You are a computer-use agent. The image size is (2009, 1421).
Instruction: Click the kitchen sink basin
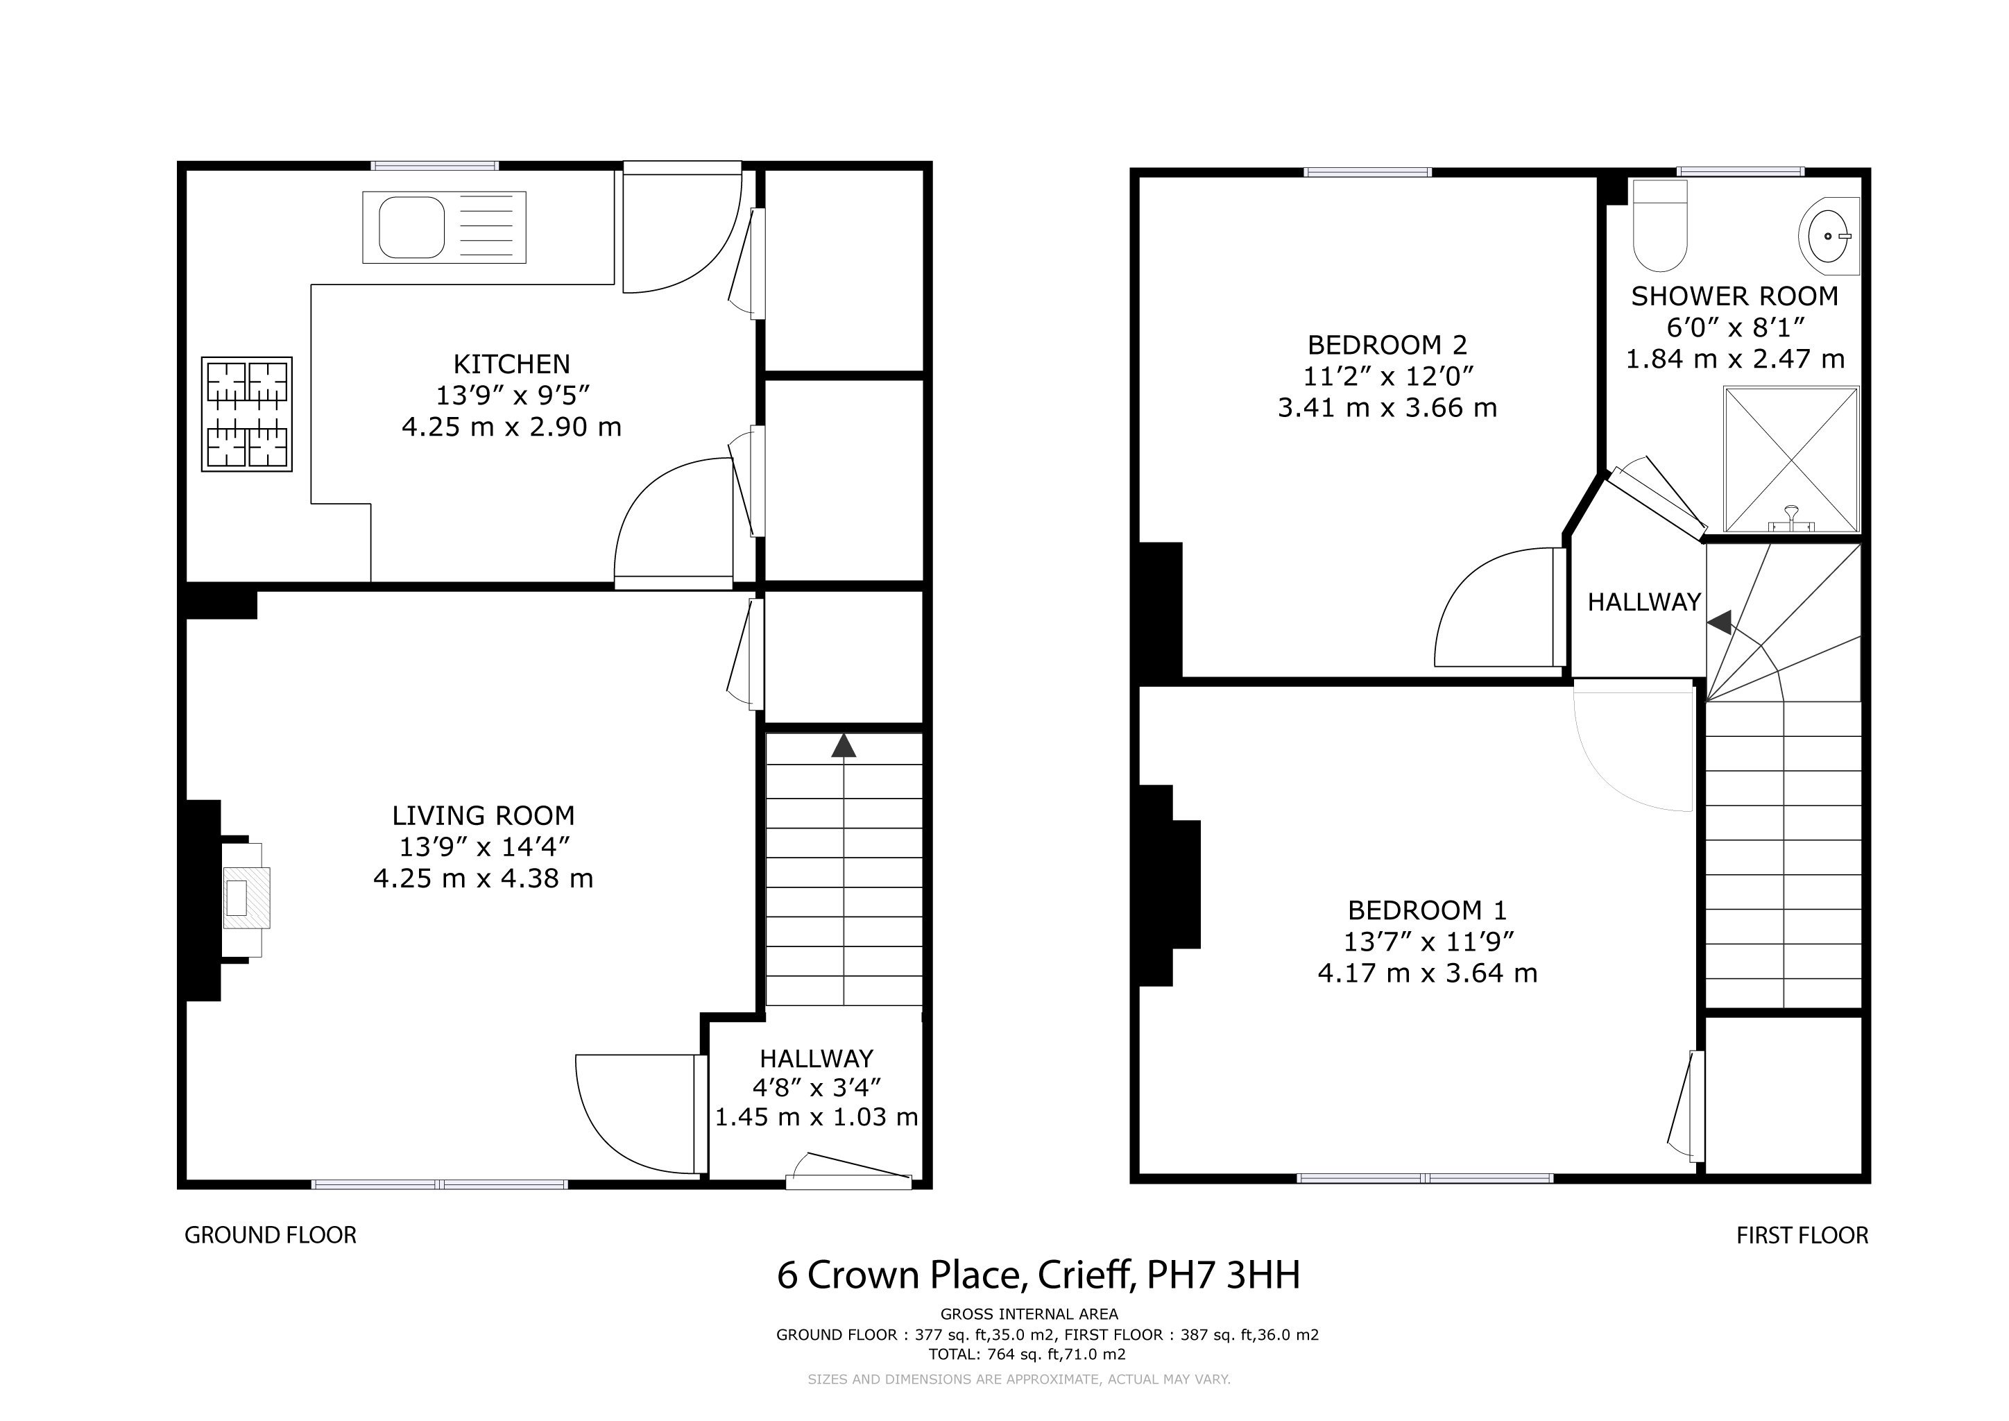(411, 228)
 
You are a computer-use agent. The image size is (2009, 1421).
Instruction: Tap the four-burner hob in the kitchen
(247, 414)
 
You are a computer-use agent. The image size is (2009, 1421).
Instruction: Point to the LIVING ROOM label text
(483, 815)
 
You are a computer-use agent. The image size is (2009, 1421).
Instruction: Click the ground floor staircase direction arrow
(844, 745)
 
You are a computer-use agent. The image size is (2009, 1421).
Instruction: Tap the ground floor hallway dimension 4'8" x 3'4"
(817, 1088)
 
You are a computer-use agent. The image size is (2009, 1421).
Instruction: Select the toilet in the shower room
(1660, 226)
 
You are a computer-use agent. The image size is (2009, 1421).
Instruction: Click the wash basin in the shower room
(1829, 235)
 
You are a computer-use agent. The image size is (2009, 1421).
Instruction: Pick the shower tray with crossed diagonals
(1791, 459)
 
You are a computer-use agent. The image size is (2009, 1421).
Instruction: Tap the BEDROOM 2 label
(1387, 345)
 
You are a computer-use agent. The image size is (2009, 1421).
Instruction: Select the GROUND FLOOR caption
(271, 1236)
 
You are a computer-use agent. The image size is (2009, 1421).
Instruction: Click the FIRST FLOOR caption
(1802, 1236)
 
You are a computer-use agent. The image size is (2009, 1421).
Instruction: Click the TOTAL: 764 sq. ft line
(1027, 1354)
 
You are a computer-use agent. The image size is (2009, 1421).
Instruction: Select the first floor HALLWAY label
(1644, 602)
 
